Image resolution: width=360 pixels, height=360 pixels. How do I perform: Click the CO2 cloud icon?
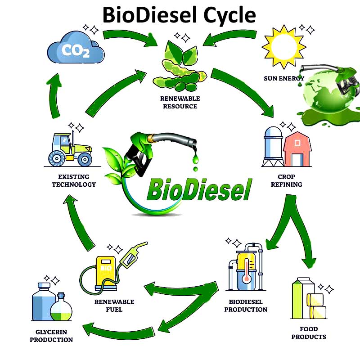point(76,49)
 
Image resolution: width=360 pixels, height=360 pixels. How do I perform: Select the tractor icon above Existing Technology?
point(70,148)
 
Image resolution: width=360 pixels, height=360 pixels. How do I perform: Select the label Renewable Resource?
point(180,102)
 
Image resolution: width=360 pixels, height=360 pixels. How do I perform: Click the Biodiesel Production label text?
point(246,306)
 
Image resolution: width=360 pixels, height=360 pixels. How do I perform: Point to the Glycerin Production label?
point(51,336)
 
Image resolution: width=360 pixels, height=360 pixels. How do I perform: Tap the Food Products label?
point(309,333)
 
